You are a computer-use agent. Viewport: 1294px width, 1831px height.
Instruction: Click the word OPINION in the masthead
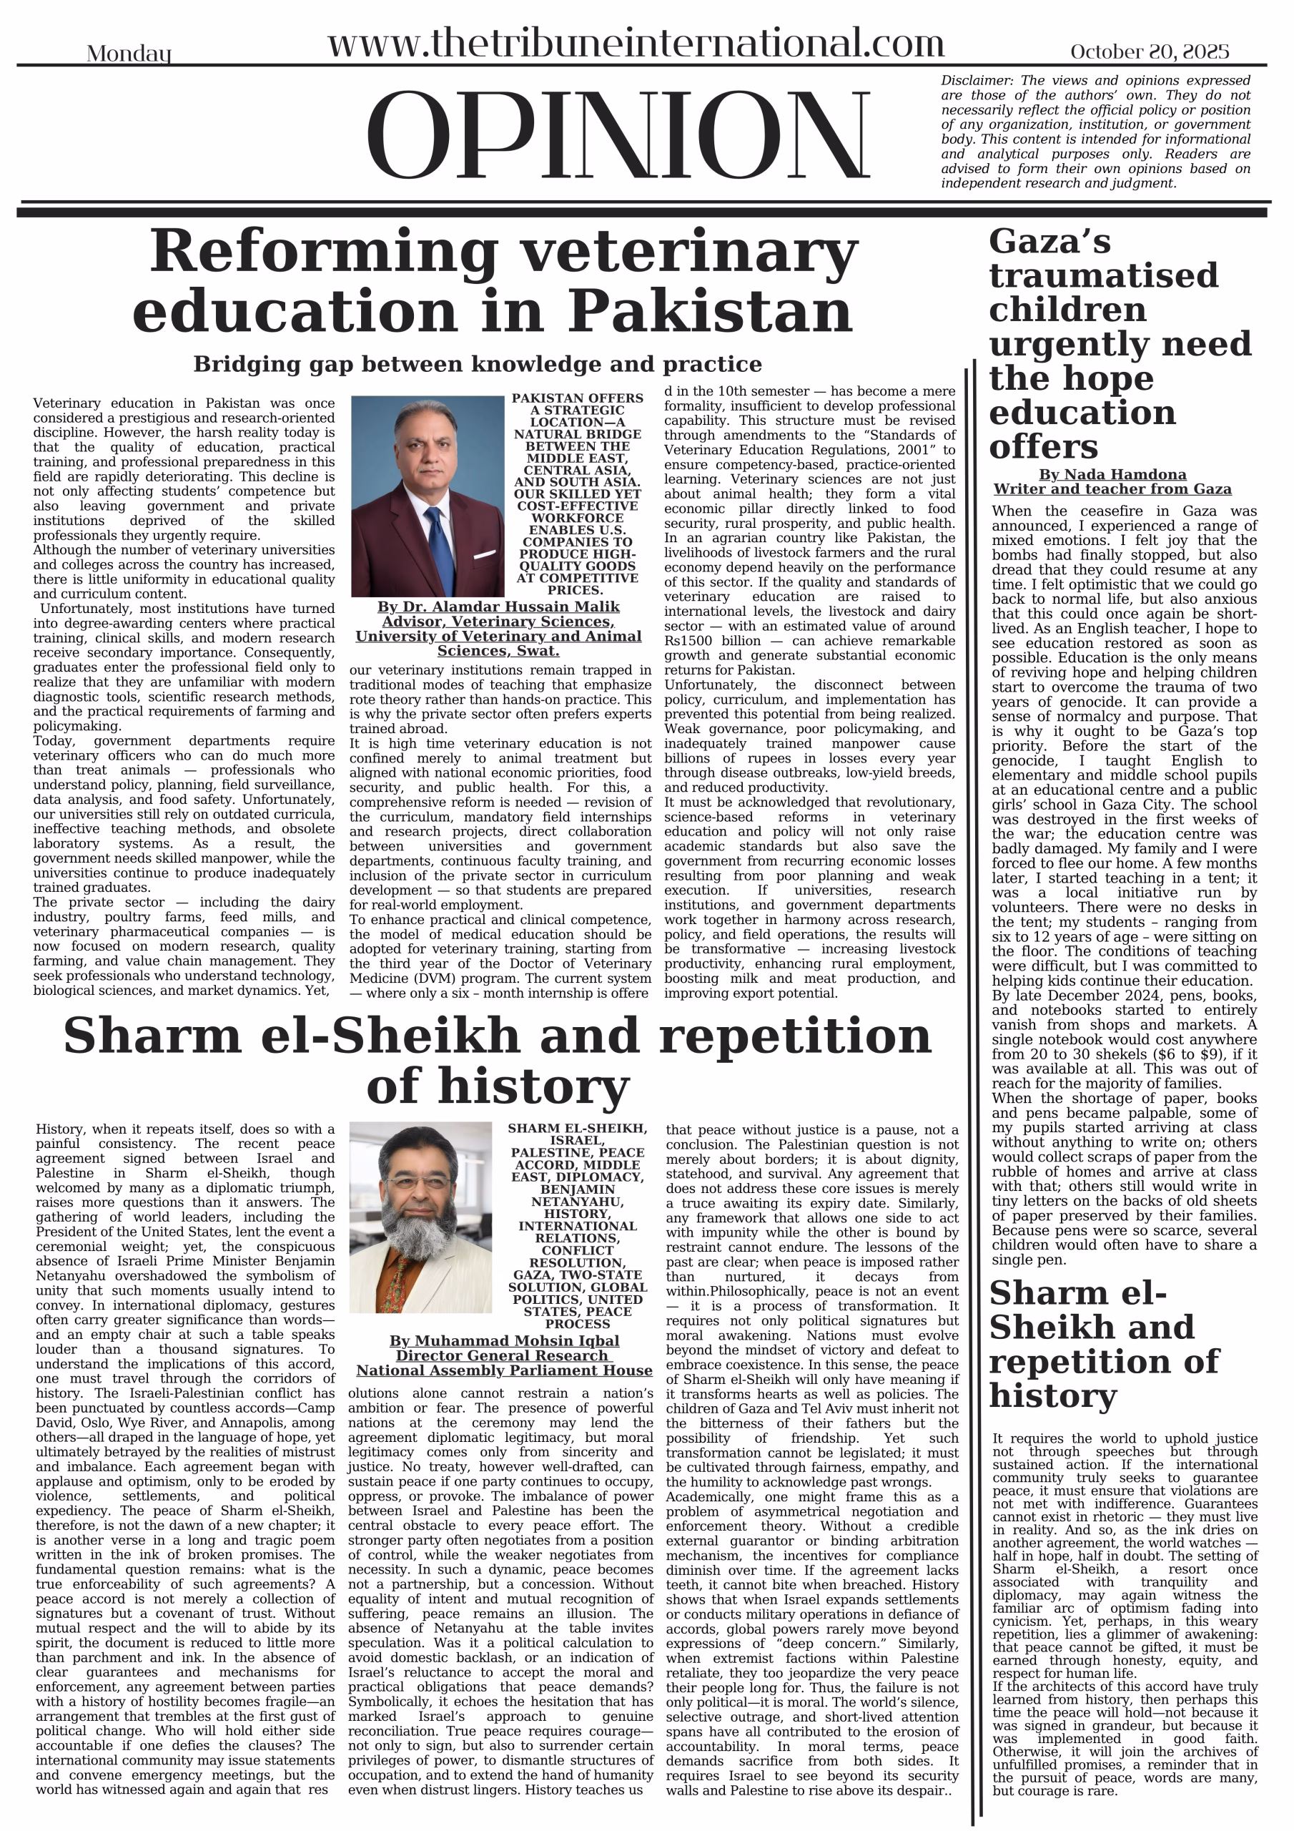pyautogui.click(x=618, y=137)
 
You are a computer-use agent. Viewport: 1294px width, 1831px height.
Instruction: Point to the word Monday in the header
pyautogui.click(x=129, y=54)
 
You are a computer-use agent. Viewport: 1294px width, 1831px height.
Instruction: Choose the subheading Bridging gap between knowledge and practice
pyautogui.click(x=477, y=365)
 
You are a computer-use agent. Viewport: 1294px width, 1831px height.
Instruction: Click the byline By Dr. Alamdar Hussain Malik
pyautogui.click(x=498, y=607)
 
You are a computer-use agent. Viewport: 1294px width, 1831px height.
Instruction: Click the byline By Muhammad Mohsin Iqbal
pyautogui.click(x=504, y=1340)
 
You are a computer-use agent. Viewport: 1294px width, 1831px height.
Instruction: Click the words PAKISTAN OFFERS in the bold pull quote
pyautogui.click(x=577, y=398)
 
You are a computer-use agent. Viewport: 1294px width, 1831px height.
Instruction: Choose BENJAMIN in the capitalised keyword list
pyautogui.click(x=577, y=1189)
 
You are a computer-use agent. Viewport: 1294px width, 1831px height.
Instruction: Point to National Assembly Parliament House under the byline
pyautogui.click(x=504, y=1370)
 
